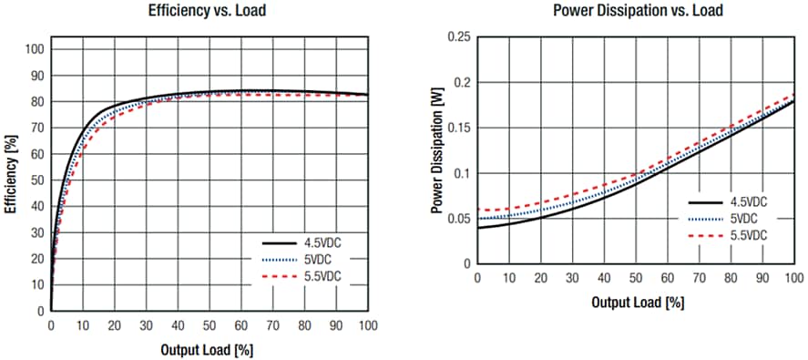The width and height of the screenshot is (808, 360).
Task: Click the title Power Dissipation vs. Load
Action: click(x=637, y=11)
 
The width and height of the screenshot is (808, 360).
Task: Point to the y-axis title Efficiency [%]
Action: click(x=10, y=174)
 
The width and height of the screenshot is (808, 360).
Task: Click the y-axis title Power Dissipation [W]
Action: click(x=437, y=150)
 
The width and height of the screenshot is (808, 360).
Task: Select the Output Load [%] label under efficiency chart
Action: click(x=209, y=349)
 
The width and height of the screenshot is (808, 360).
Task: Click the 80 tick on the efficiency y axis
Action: click(x=36, y=101)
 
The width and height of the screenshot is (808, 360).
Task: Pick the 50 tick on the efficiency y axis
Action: click(x=36, y=180)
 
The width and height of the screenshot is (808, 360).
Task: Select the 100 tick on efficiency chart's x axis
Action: click(x=367, y=324)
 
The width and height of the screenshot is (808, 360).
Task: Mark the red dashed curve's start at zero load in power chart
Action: click(x=479, y=211)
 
